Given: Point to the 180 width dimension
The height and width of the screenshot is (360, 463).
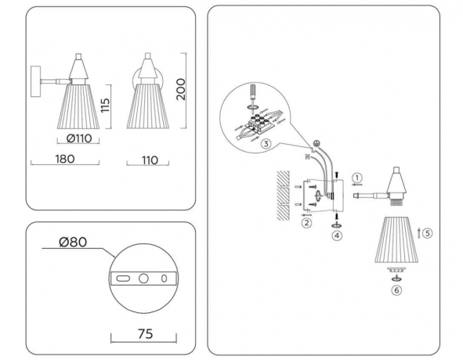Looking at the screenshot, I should point(65,160).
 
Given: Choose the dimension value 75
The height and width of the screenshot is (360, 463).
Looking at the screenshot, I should point(143,333).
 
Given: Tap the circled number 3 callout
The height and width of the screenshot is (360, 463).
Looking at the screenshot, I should point(267,142).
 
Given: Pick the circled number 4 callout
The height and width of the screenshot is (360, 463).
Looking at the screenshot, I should point(336,234).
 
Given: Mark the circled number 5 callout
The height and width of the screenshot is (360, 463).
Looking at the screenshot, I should point(428,232).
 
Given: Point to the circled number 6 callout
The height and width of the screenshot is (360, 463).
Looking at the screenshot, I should point(396,289).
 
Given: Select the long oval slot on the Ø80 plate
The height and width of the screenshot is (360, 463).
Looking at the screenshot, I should point(123,279).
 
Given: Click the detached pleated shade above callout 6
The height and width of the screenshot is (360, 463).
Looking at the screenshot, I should point(396,241).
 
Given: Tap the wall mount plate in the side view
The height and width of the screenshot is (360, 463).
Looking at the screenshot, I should point(34,81).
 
